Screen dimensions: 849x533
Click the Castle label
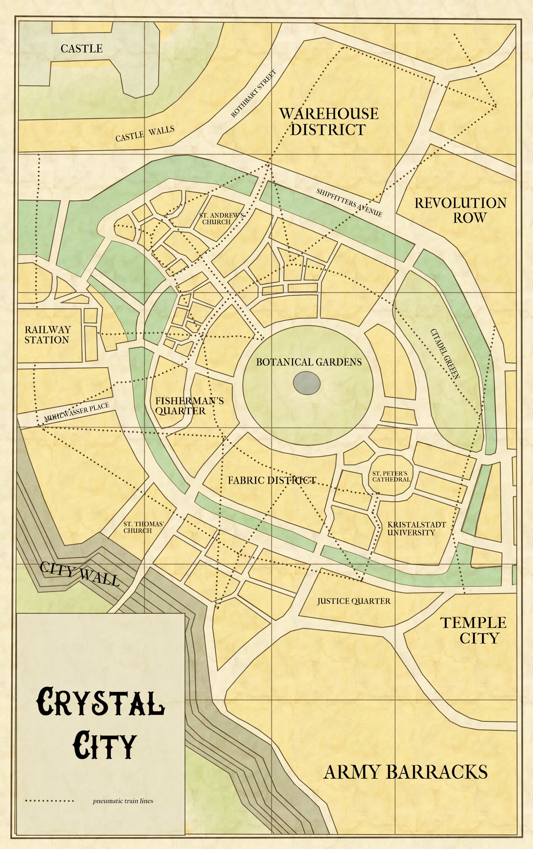[x=82, y=48]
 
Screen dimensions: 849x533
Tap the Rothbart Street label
[x=254, y=94]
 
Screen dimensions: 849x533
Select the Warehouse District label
[x=328, y=122]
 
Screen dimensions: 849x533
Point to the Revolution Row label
[x=460, y=210]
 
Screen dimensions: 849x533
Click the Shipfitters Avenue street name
[x=349, y=203]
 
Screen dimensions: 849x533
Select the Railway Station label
[x=48, y=335]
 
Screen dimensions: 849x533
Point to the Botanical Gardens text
[x=309, y=362]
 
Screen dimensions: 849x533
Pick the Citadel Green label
[x=445, y=354]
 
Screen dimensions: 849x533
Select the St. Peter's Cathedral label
[x=391, y=476]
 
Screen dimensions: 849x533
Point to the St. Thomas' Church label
[x=143, y=527]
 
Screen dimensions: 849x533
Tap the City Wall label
[x=79, y=573]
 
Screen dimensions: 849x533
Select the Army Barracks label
[x=405, y=772]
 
